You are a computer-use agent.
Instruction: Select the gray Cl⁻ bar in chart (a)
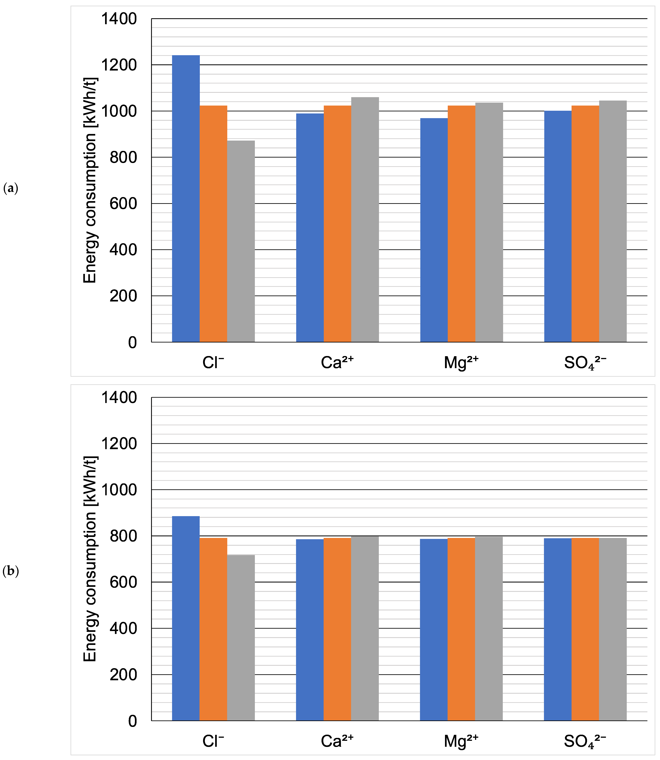241,241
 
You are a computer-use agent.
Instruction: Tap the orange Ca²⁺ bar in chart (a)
337,224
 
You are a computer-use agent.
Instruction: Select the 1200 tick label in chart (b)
119,444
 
